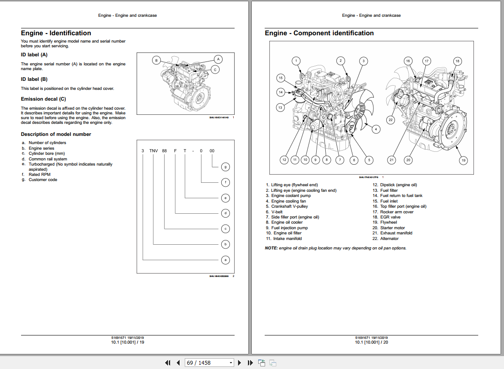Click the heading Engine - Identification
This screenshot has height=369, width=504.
pos(56,33)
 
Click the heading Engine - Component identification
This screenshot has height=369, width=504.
pos(319,33)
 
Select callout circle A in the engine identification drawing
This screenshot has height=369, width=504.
pos(218,59)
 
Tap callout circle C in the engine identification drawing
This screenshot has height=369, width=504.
pos(216,69)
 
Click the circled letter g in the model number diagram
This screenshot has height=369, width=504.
pos(226,167)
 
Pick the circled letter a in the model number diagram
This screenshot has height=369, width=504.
pos(226,260)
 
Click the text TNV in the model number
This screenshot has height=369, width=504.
pos(154,151)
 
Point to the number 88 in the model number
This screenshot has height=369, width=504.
pos(164,151)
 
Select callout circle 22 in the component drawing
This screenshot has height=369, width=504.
pos(391,120)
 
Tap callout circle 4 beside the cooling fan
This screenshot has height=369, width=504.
pos(376,129)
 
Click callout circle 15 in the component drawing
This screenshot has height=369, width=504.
pos(280,78)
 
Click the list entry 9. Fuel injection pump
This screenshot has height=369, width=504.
pos(287,228)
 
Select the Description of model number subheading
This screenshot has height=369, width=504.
pos(56,134)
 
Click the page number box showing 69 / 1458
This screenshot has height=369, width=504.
pos(208,363)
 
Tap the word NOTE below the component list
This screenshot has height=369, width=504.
pos(271,248)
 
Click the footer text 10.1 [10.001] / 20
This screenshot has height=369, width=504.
pos(371,342)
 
